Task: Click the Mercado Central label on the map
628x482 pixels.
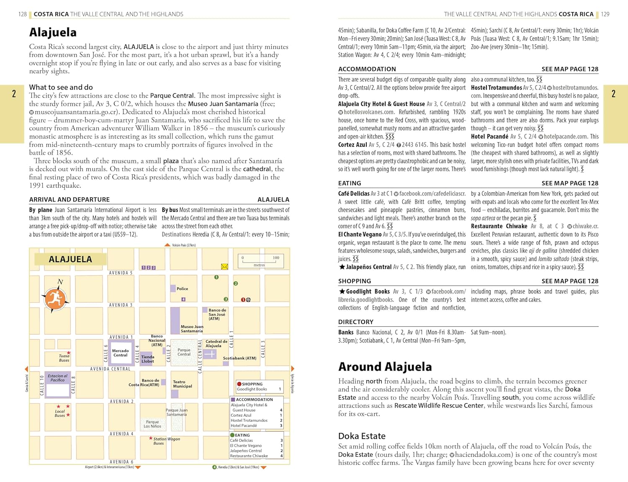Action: tap(120, 353)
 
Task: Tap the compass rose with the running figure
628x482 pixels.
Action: tap(55, 299)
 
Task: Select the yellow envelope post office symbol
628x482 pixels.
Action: tap(224, 267)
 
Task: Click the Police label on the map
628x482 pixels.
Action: tap(182, 289)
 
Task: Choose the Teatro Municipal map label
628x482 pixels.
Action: tap(182, 384)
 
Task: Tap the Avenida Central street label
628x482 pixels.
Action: tap(110, 369)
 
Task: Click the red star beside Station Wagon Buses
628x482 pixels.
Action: tap(151, 438)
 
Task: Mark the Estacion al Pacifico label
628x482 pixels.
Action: tap(57, 378)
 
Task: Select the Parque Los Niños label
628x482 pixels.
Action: tap(152, 424)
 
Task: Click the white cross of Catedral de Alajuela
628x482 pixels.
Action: tap(210, 354)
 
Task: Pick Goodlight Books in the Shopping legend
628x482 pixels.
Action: tap(252, 389)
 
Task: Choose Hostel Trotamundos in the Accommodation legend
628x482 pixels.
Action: tap(249, 420)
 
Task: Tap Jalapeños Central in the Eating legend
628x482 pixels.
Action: tap(246, 451)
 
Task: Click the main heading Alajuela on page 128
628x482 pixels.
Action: tap(53, 32)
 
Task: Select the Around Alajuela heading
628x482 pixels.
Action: tap(385, 367)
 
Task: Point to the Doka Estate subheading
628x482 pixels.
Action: tap(362, 436)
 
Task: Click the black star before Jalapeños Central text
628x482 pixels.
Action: tap(342, 267)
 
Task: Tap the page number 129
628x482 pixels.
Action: tap(605, 14)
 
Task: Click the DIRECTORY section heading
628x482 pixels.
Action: tap(355, 322)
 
